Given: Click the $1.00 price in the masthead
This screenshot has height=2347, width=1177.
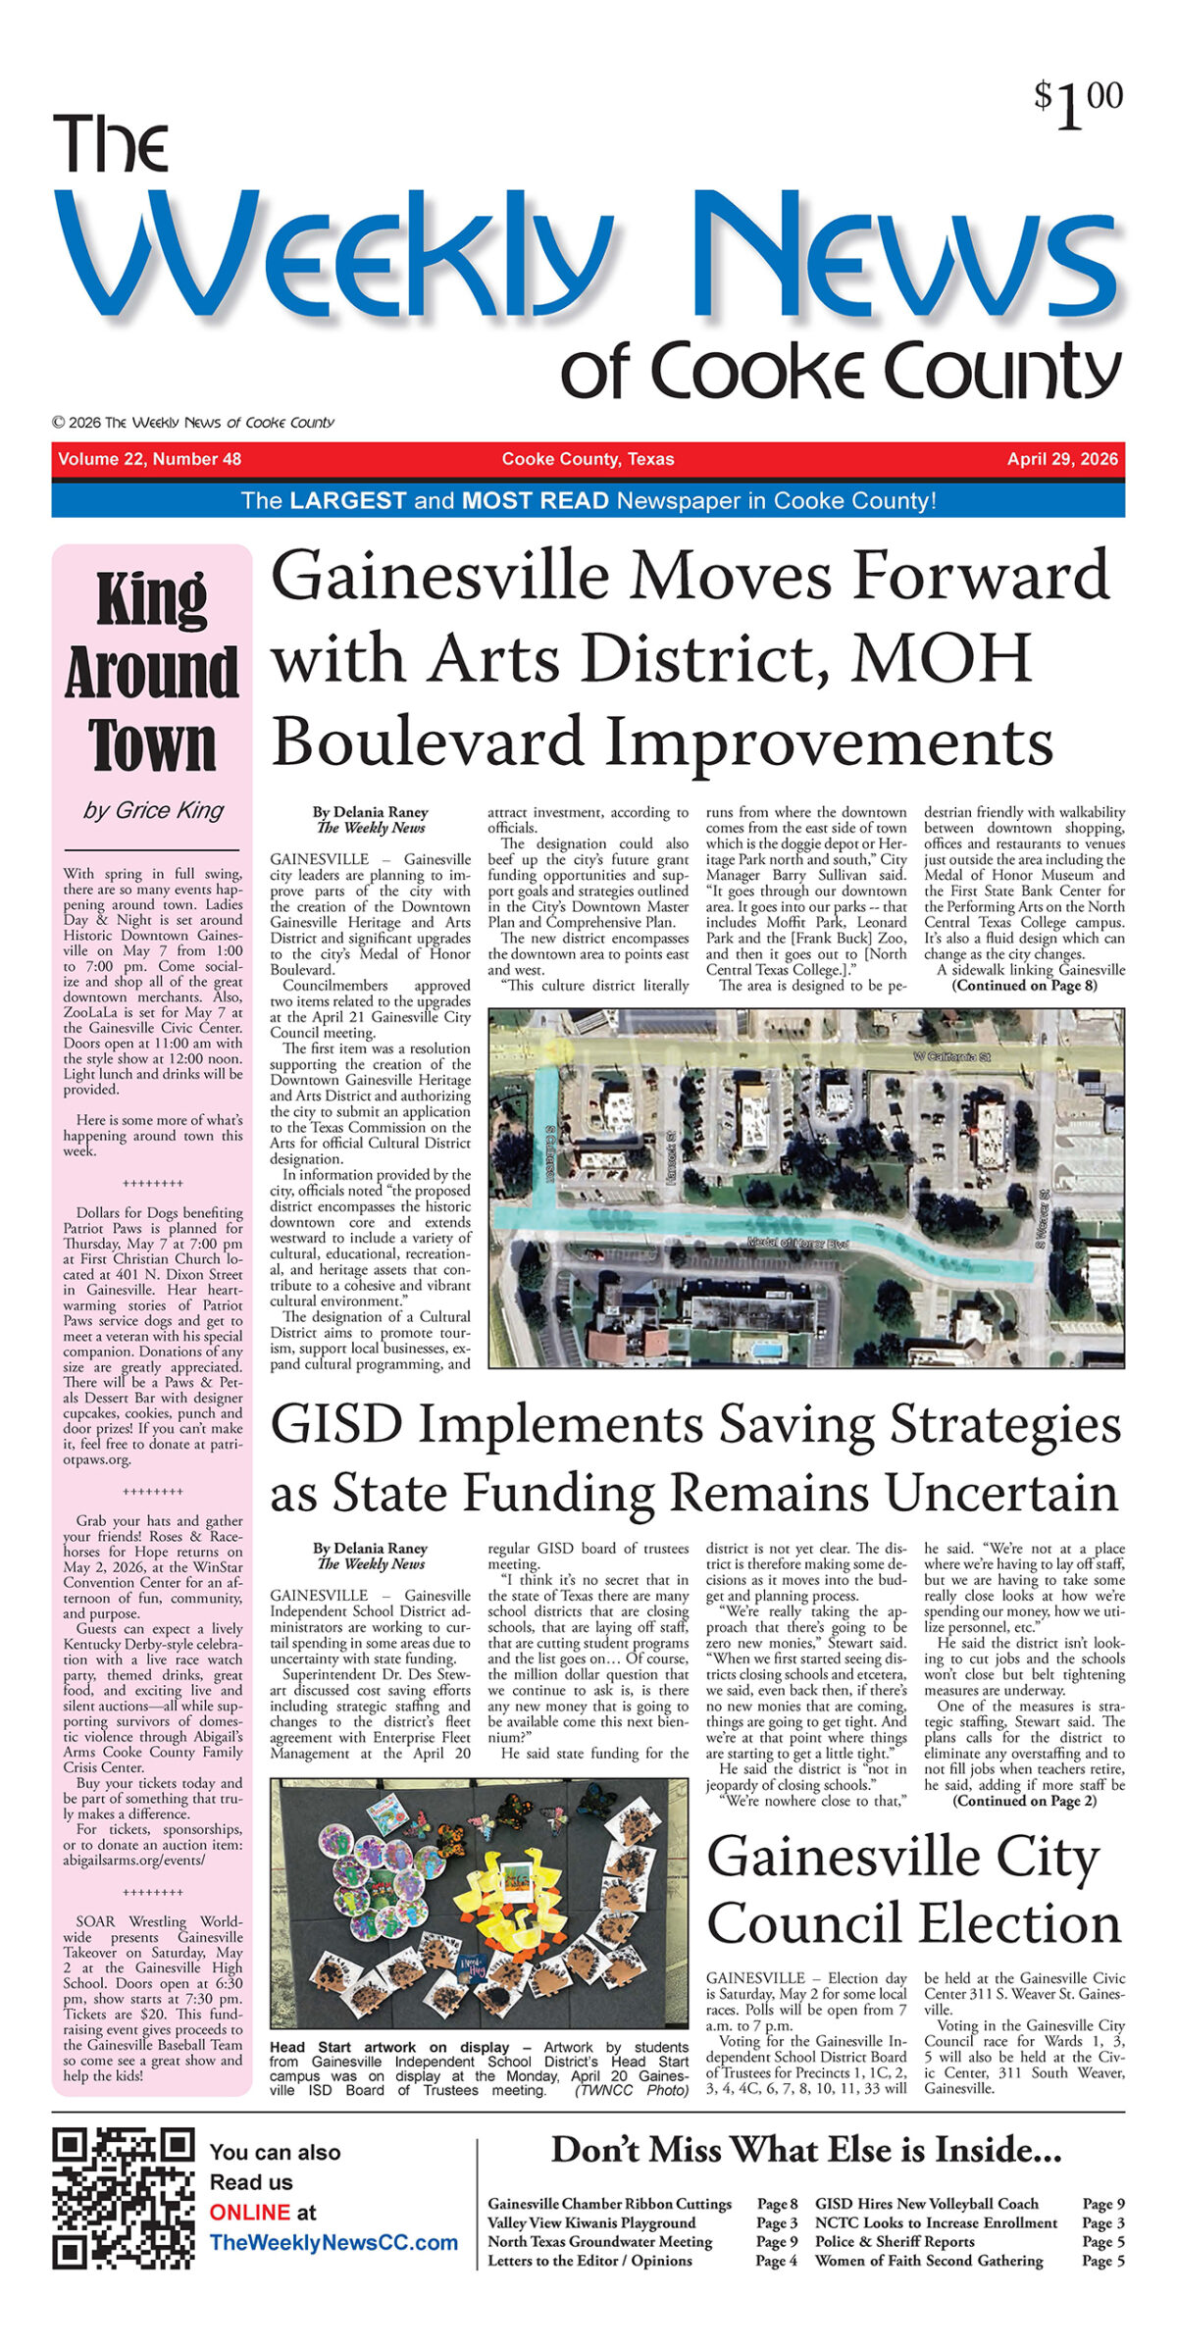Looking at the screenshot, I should pyautogui.click(x=1078, y=104).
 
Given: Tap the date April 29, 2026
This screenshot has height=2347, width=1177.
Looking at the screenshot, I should pyautogui.click(x=1061, y=459).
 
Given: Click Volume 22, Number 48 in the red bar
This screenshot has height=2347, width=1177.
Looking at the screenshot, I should pyautogui.click(x=149, y=459).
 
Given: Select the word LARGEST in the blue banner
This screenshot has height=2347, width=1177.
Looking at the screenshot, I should pyautogui.click(x=347, y=500).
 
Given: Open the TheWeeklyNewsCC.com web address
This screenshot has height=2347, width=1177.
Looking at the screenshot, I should pyautogui.click(x=333, y=2242).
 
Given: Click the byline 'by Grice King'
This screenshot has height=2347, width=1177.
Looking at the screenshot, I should pyautogui.click(x=153, y=810).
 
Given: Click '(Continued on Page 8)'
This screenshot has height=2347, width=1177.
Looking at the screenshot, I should pyautogui.click(x=1024, y=986).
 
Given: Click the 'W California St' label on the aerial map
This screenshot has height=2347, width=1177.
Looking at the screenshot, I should pyautogui.click(x=950, y=1056).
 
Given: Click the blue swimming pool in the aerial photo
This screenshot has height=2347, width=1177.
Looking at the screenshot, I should pyautogui.click(x=766, y=1351).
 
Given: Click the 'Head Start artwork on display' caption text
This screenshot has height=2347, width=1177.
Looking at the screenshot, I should pyautogui.click(x=389, y=2047).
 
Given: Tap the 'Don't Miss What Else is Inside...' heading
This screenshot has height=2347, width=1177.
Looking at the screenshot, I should pyautogui.click(x=805, y=2150).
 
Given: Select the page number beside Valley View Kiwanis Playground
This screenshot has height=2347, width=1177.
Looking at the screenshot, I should pyautogui.click(x=776, y=2223).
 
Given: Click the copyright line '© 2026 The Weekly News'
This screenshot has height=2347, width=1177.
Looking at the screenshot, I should pyautogui.click(x=193, y=423).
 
